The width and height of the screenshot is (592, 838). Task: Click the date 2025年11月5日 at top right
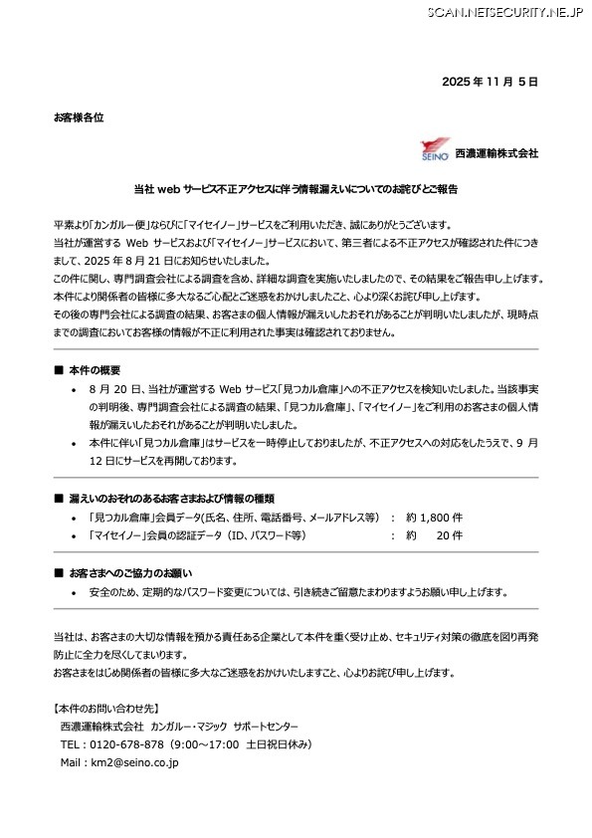pyautogui.click(x=490, y=81)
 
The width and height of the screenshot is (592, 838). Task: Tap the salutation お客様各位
pyautogui.click(x=79, y=117)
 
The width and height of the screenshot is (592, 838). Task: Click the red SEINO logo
pyautogui.click(x=436, y=150)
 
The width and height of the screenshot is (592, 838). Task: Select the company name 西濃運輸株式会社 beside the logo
pyautogui.click(x=496, y=153)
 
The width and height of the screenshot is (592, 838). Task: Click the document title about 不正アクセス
pyautogui.click(x=296, y=187)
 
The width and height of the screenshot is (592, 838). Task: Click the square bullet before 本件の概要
pyautogui.click(x=59, y=369)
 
